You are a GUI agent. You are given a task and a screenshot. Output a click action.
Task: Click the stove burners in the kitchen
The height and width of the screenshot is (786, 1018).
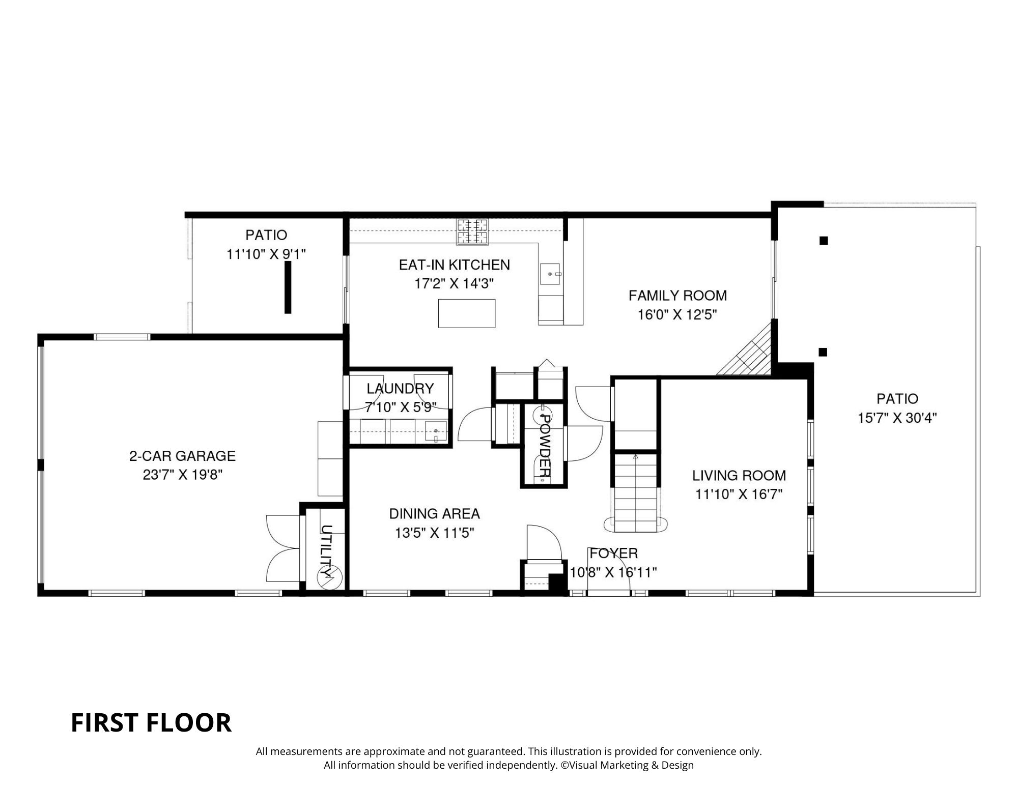coord(472,231)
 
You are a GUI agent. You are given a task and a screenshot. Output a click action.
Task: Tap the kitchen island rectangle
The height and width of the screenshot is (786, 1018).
coord(467,313)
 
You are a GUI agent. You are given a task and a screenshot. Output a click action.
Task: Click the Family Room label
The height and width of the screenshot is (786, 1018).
coord(677,296)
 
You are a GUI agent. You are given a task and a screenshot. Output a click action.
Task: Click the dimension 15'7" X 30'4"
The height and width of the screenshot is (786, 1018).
coord(897,418)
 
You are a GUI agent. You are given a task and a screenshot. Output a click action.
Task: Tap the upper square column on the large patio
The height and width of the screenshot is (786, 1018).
coord(823,241)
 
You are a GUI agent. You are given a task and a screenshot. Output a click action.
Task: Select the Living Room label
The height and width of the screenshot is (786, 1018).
coord(739,476)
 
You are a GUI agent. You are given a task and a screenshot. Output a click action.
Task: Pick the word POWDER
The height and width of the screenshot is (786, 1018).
coord(544,448)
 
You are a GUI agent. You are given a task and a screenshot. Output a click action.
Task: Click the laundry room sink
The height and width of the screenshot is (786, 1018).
coord(436,431)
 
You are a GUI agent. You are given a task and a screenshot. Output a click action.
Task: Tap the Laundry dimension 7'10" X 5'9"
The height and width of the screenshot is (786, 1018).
coord(401,407)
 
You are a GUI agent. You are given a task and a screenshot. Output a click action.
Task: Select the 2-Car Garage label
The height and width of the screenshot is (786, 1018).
coord(182,456)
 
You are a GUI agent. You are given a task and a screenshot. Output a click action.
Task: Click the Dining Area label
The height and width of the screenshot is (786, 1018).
coord(434,514)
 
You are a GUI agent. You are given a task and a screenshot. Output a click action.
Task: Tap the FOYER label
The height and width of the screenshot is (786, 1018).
coord(613,554)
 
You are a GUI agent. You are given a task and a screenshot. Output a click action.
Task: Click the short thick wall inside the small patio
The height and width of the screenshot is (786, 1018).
coord(288,287)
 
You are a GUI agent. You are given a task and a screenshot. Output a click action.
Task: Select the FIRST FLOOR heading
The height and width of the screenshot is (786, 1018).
coord(151,723)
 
